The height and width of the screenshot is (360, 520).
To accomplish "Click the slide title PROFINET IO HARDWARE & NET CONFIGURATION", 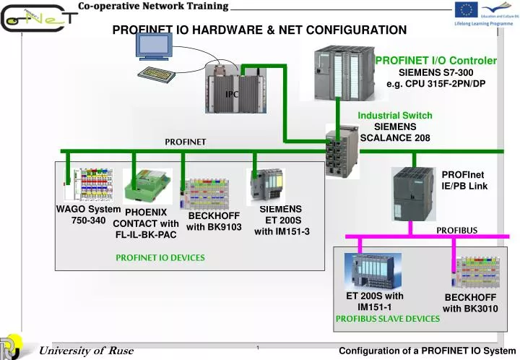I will click(x=259, y=30).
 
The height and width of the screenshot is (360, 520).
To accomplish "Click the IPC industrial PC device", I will click(x=232, y=86).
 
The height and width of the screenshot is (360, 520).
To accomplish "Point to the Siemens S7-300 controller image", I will click(x=343, y=72).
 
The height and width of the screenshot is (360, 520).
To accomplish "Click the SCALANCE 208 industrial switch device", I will click(x=342, y=151).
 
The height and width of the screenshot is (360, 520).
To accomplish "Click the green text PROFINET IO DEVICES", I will click(x=160, y=257).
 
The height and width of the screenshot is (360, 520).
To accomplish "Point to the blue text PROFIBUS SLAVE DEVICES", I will click(x=388, y=318).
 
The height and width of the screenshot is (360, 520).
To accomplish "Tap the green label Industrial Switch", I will click(x=395, y=116).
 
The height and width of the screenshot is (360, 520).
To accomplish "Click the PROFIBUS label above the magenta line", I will click(x=456, y=230).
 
